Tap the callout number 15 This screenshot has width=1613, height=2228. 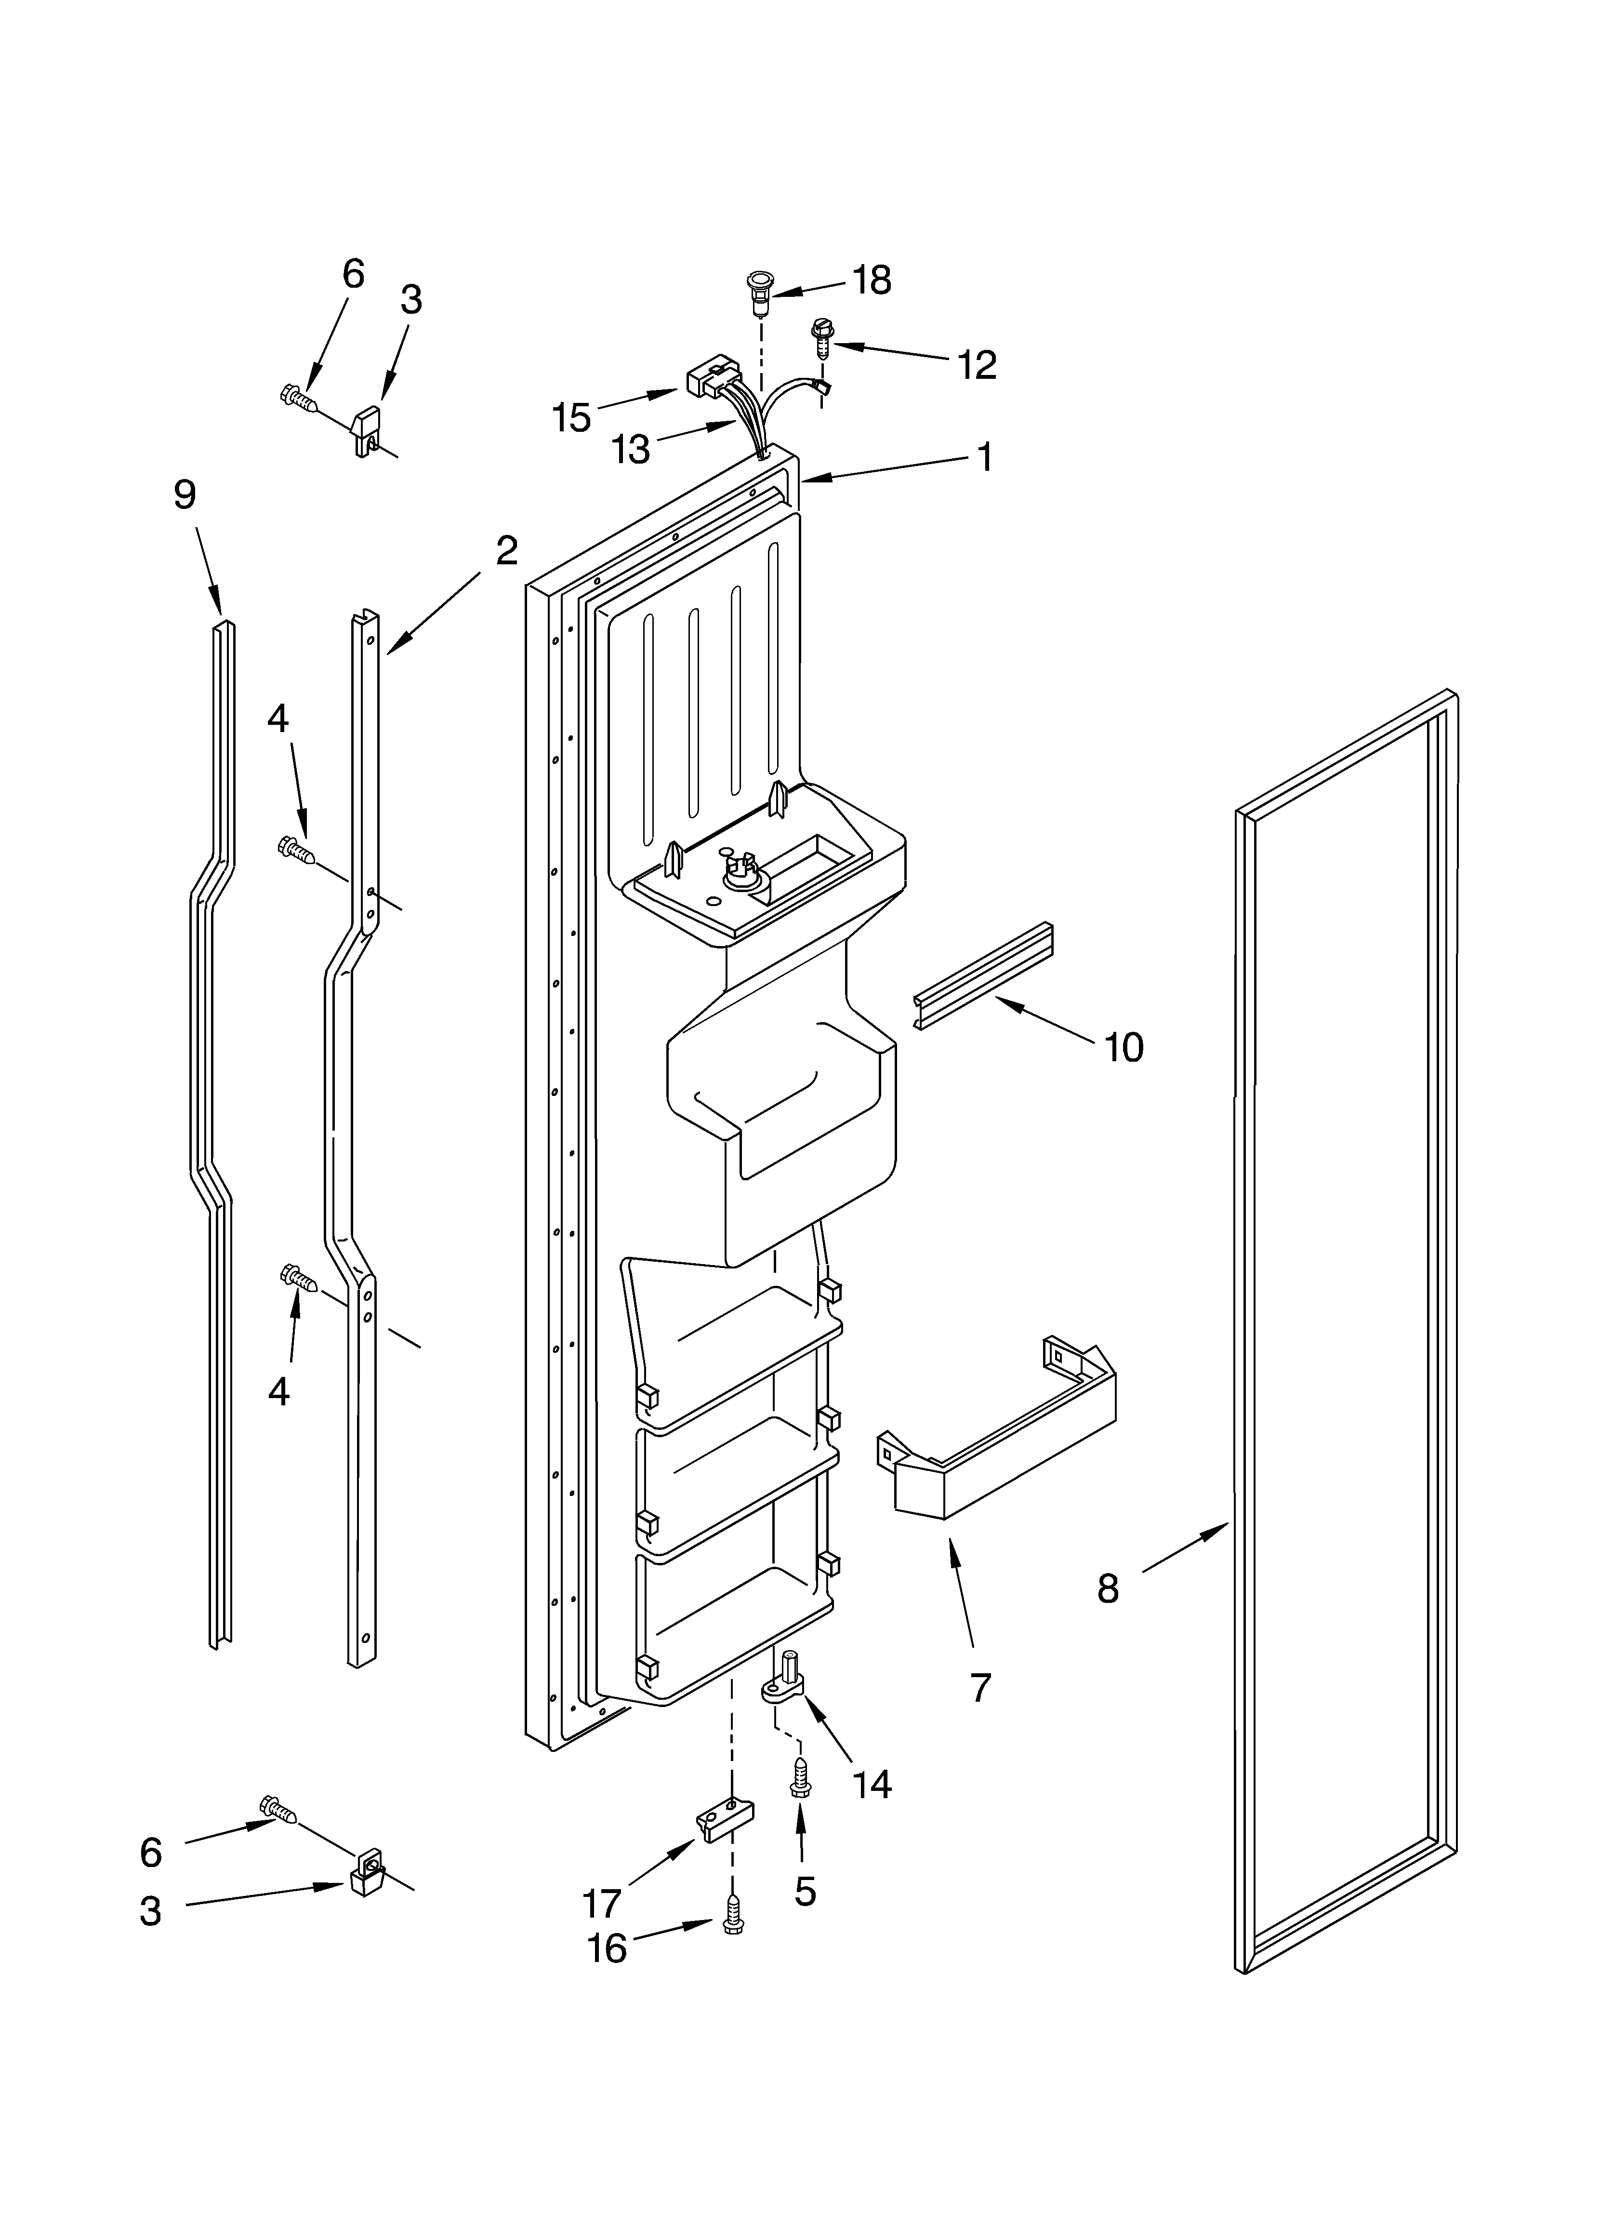click(571, 417)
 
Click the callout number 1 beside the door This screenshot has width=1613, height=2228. click(983, 457)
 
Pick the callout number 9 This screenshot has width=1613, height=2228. click(185, 495)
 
